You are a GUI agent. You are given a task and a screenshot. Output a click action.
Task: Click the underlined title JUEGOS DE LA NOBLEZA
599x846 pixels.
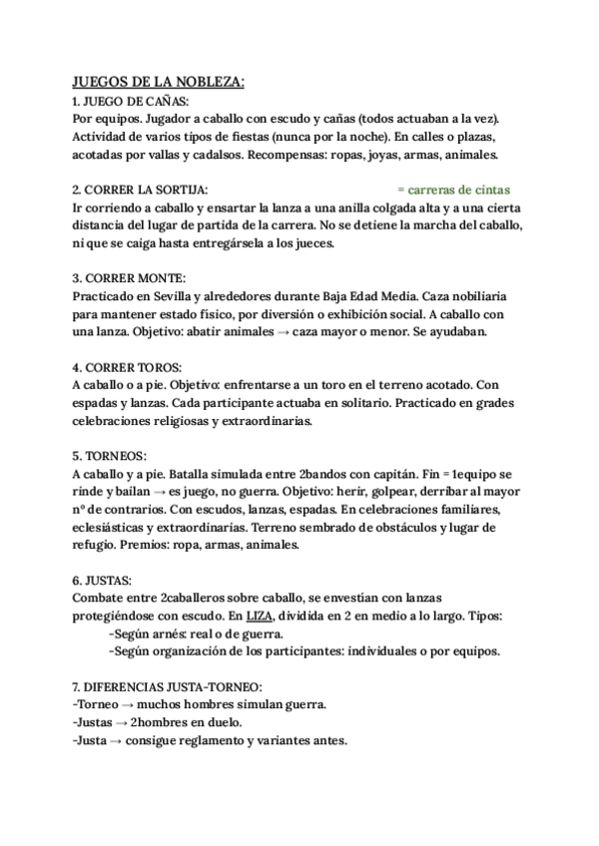[x=159, y=83]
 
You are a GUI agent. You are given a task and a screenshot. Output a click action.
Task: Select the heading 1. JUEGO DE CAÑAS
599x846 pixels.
[x=130, y=102]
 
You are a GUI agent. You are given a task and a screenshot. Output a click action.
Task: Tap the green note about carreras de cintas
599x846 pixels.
[x=452, y=189]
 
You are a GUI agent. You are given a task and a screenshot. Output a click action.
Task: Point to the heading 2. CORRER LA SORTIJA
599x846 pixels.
[x=140, y=189]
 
